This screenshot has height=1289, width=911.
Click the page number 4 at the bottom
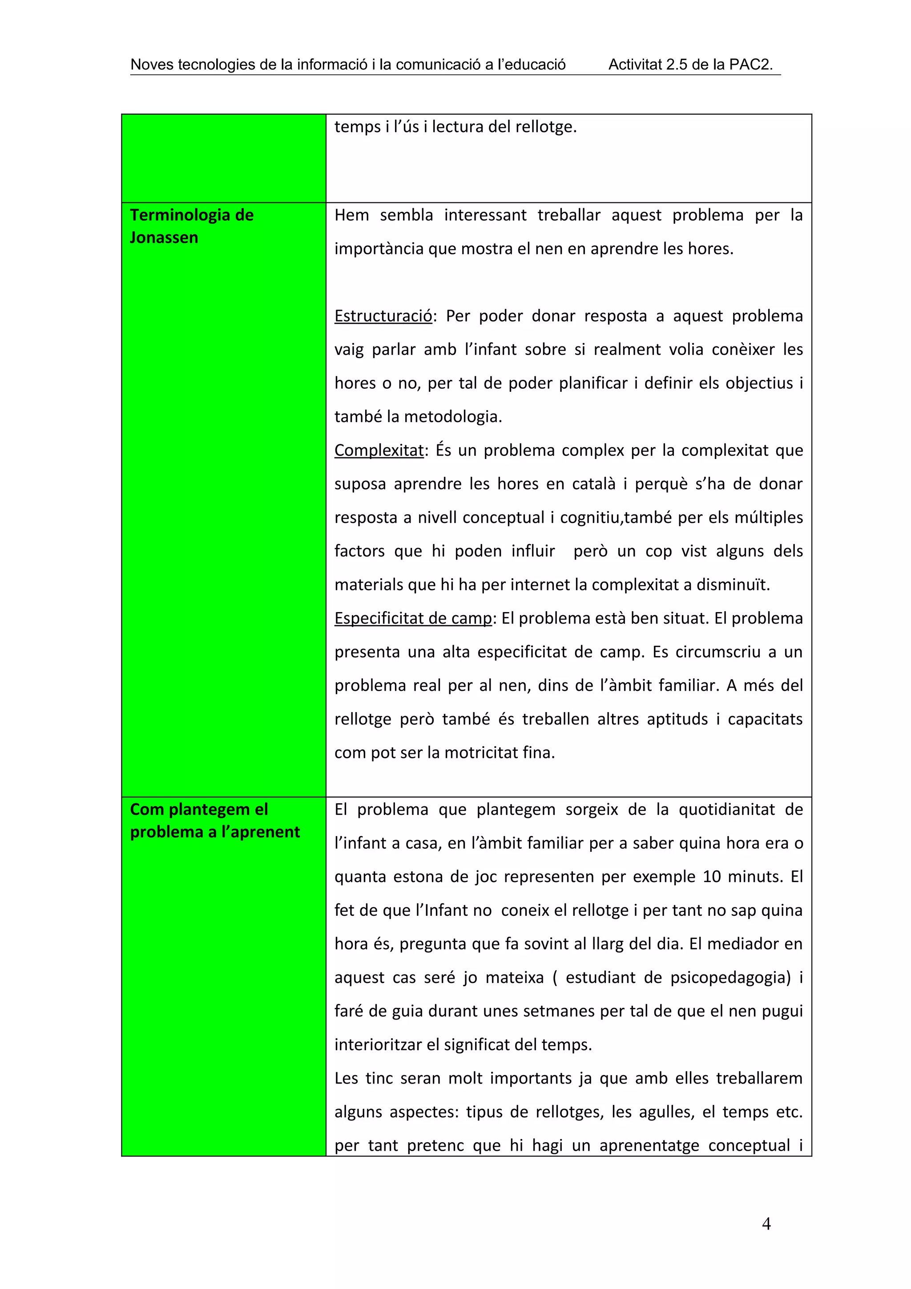[x=766, y=1224]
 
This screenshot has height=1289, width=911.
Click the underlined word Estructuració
[x=383, y=316]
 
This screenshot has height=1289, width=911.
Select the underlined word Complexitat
[x=379, y=450]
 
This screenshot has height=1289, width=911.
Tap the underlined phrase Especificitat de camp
[x=413, y=618]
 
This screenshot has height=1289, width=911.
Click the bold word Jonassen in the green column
[x=164, y=238]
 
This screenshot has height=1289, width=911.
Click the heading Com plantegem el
[x=199, y=809]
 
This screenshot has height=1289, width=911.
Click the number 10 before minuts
[x=712, y=877]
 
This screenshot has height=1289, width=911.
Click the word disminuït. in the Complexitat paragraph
[x=733, y=585]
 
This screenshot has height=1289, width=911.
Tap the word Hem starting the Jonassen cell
[x=351, y=215]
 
